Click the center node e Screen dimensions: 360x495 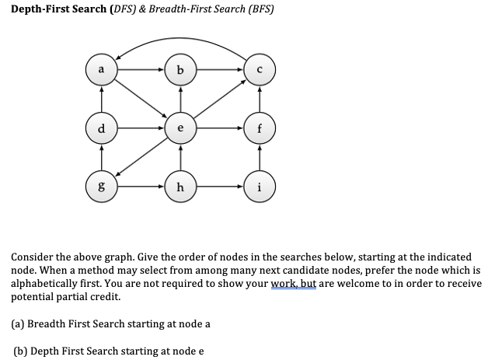coord(180,128)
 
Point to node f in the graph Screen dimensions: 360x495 coord(259,128)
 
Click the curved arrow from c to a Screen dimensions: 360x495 coord(180,36)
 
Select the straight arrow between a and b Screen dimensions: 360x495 coord(141,70)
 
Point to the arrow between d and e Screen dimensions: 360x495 coord(141,128)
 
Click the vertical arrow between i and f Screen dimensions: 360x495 coord(259,156)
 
